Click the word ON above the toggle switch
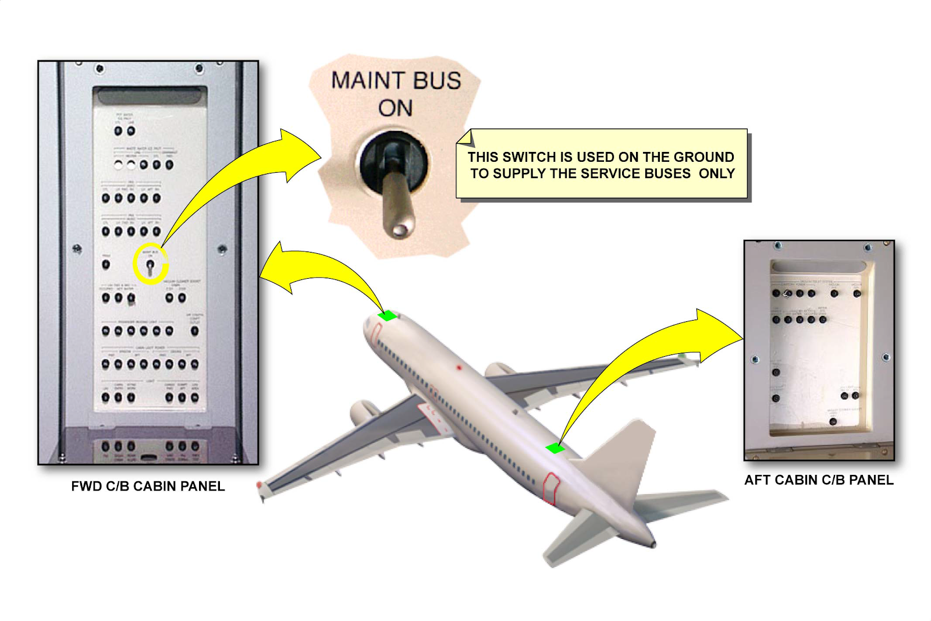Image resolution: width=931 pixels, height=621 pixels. (396, 108)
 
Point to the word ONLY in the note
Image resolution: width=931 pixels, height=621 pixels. (717, 173)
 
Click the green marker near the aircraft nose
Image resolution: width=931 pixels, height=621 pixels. (388, 316)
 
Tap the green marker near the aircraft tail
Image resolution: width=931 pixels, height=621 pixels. (555, 448)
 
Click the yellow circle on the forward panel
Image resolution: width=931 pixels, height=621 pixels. (151, 264)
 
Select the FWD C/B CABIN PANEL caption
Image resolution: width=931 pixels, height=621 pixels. (148, 487)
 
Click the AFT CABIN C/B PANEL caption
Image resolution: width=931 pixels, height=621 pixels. (819, 480)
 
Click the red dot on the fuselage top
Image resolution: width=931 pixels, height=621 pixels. (459, 368)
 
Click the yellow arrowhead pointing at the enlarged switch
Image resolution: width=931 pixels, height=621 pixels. (300, 154)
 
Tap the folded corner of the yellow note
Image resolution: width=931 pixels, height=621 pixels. (465, 138)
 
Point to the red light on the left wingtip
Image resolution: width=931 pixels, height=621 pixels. (260, 485)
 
